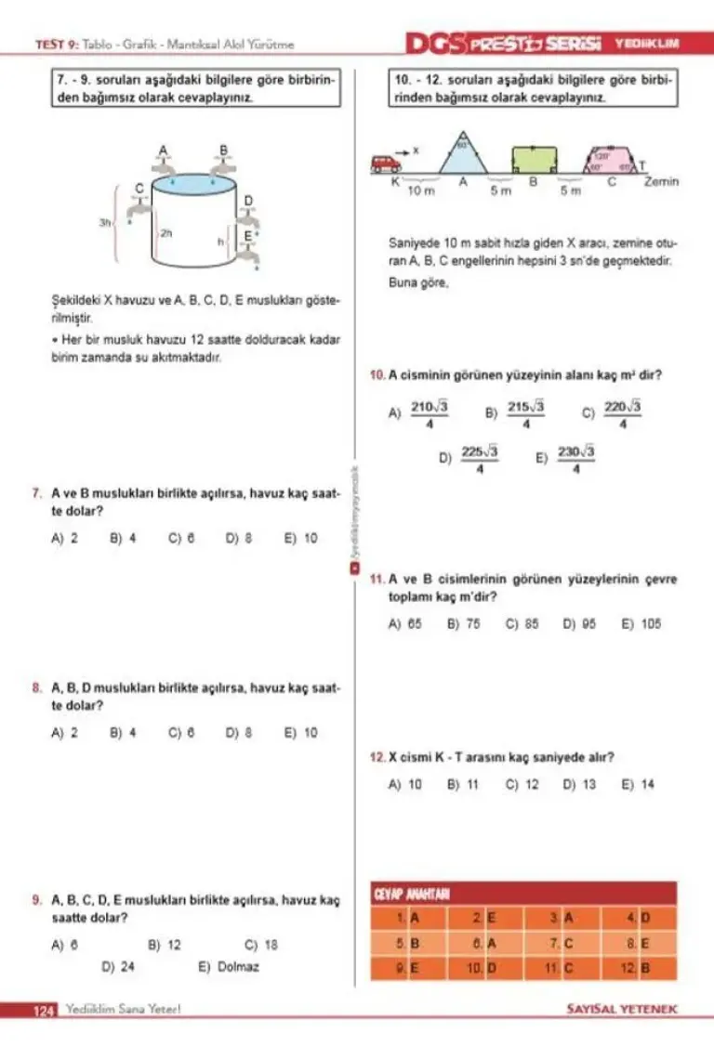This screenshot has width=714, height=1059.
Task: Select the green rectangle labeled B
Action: click(535, 160)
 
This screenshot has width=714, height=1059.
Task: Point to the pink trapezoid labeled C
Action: click(610, 162)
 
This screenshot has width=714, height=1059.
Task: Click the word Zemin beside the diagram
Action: click(662, 182)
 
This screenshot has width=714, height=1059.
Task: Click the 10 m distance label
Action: click(421, 190)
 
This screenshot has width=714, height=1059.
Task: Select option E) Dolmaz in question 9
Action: click(229, 966)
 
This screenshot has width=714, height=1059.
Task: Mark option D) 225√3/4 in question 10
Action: click(469, 458)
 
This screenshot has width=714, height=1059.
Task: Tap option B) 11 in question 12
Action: click(462, 784)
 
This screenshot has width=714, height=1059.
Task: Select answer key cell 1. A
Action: click(407, 918)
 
